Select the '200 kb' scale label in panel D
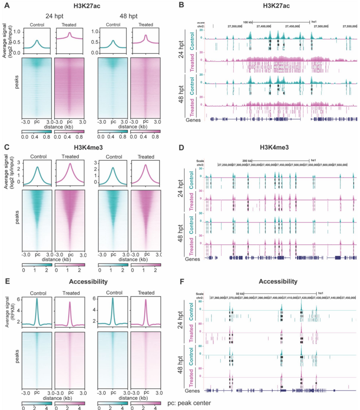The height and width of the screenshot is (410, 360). (x=247, y=161)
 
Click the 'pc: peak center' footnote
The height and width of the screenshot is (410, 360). (x=189, y=404)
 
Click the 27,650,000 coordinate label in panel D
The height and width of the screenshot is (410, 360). (x=339, y=165)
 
